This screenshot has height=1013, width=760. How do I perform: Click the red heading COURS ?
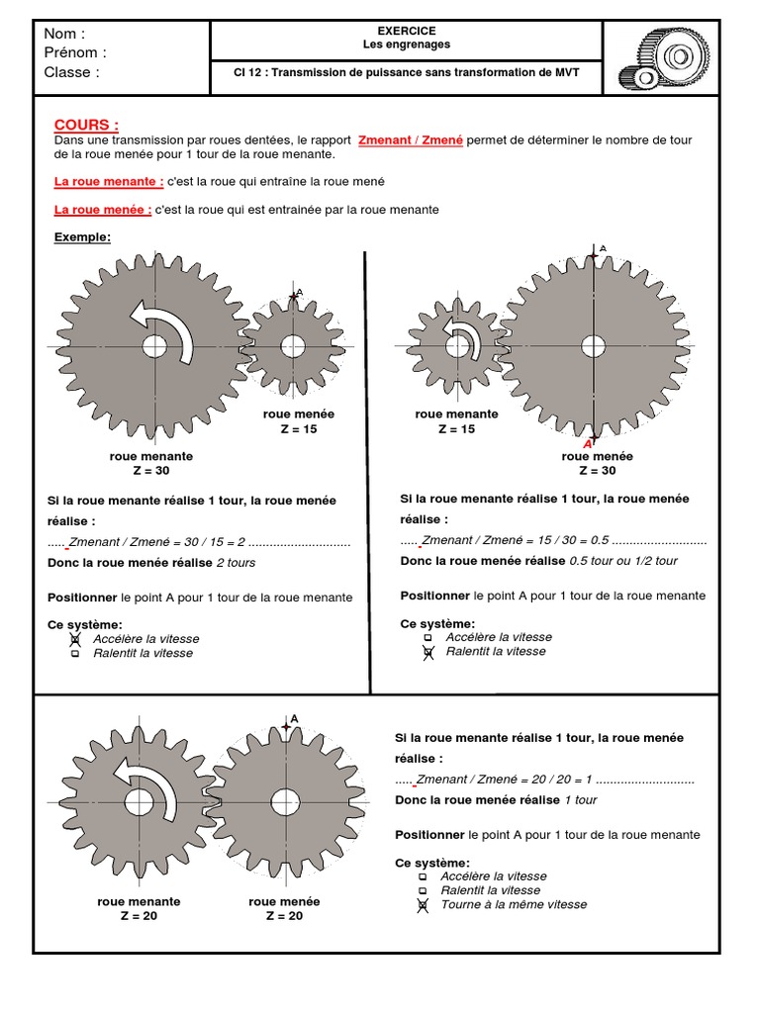coord(86,125)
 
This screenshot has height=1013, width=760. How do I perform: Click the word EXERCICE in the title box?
coord(406,32)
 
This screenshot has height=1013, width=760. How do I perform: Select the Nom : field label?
coord(65,34)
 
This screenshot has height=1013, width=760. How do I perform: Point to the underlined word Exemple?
coord(82,237)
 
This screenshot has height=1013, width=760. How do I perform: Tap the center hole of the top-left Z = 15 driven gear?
coord(292,346)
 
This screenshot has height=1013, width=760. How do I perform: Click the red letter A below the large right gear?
coord(588,444)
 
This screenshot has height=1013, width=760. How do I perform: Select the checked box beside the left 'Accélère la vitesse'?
coord(75,640)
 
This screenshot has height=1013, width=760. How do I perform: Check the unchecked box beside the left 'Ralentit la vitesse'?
coord(75,654)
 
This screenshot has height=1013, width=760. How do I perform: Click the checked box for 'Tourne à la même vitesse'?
coord(423,904)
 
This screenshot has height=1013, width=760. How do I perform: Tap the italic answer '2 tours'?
coord(236,563)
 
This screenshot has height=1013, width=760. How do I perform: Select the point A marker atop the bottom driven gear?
coord(286,726)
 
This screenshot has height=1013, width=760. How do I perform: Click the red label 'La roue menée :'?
coord(102,210)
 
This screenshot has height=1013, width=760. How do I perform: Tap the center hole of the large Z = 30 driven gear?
coord(593,346)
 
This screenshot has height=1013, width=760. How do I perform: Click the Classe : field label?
coord(72,72)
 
